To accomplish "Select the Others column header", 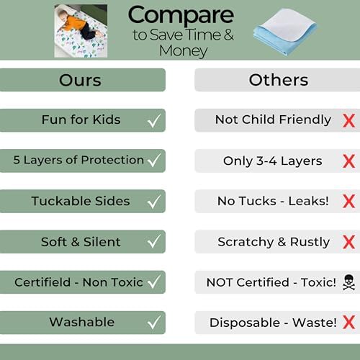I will (x=277, y=80).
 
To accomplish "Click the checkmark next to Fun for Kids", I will (x=153, y=120).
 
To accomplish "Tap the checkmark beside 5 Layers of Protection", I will (x=153, y=161).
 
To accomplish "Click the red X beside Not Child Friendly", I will (x=348, y=120).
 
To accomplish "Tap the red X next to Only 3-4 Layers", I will (x=348, y=161).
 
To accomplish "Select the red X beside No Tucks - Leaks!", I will (x=348, y=201).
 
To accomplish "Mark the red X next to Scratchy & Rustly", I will (x=348, y=241).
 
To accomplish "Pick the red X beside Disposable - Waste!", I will (x=348, y=322).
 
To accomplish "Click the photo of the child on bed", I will (x=81, y=31).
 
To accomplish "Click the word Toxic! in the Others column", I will (x=316, y=282).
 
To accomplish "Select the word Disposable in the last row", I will (x=243, y=323).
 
